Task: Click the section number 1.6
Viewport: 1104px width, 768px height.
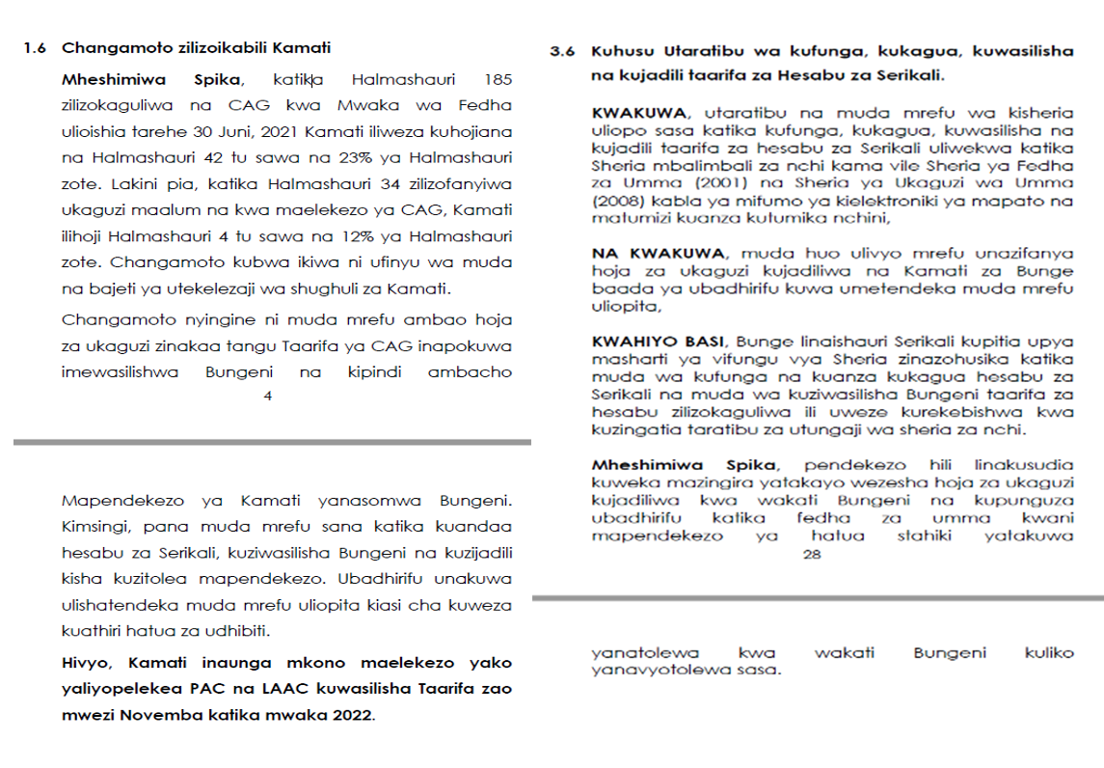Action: [x=35, y=47]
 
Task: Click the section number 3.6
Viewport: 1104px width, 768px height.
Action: [x=562, y=51]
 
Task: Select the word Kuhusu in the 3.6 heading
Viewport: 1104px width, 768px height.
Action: [x=619, y=51]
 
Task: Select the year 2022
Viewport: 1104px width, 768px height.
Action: [x=353, y=715]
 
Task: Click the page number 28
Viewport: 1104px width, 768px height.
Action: [x=811, y=554]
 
